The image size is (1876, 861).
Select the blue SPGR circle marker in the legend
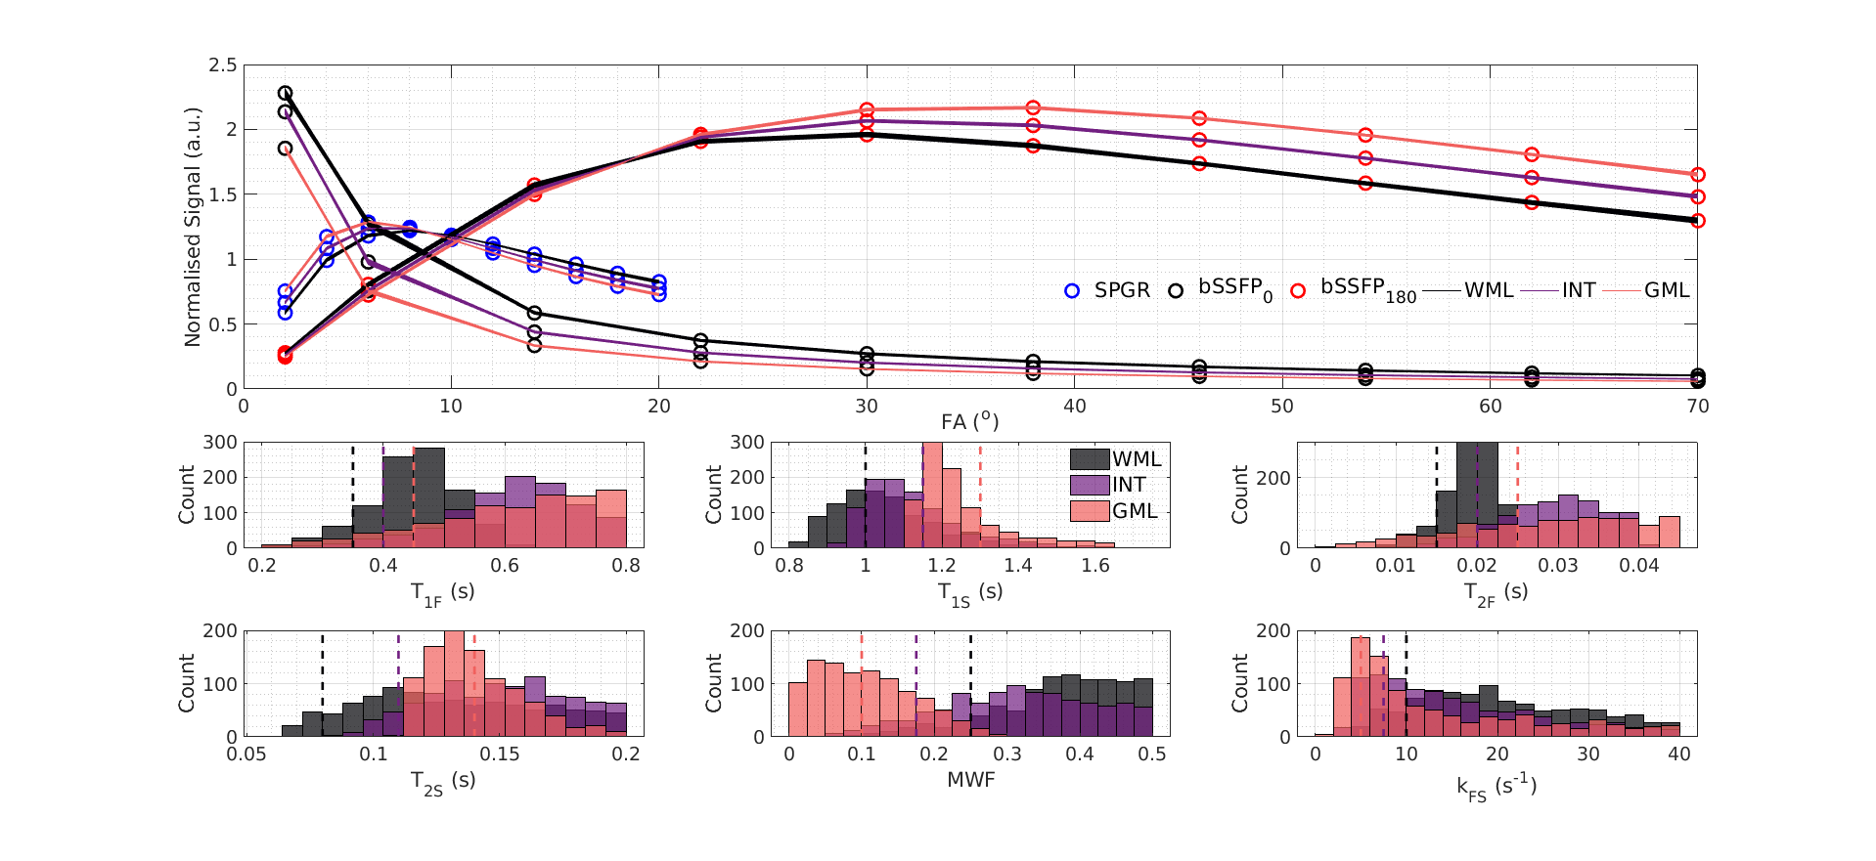1072,290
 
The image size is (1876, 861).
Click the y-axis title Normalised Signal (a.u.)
192,227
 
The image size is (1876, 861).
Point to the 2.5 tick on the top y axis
222,65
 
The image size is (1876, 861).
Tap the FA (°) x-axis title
969,421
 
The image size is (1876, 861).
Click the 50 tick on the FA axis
1282,406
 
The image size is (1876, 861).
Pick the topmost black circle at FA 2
285,93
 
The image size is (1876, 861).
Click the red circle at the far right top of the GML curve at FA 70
1698,175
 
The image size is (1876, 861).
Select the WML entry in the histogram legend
1136,459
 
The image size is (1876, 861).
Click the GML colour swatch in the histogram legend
1090,510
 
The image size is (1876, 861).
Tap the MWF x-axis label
970,780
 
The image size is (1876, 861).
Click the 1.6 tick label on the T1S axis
1095,565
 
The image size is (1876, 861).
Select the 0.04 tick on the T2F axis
1638,565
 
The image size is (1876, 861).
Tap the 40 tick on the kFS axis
1678,753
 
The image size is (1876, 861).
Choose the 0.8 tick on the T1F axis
626,565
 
